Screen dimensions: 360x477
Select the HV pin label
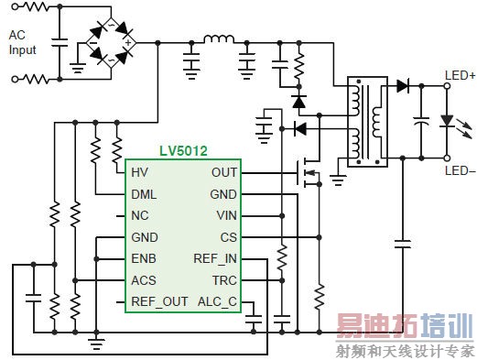pos(139,173)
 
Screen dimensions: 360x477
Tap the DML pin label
pos(144,194)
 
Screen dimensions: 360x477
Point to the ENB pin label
pos(144,259)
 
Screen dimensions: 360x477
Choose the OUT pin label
pos(223,173)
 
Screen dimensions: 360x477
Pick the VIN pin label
pos(226,216)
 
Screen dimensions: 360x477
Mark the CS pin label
pos(229,237)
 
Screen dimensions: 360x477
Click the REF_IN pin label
pos(215,259)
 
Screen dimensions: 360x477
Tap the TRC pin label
pos(225,280)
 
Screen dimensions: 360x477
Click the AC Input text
pos(24,41)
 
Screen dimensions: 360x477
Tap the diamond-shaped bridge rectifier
pos(111,41)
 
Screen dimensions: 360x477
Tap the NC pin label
pos(139,216)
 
